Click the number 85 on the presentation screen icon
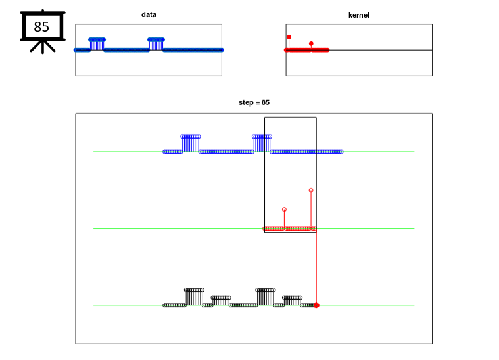point(41,27)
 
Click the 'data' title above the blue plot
point(149,14)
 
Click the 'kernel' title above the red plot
point(359,15)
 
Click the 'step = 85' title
point(254,102)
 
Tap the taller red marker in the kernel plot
point(289,37)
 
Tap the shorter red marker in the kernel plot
point(311,43)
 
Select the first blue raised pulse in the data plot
point(97,44)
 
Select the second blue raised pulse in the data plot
point(156,44)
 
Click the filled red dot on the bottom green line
point(316,305)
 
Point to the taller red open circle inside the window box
point(311,190)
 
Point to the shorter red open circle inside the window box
point(284,210)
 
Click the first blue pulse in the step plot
point(191,143)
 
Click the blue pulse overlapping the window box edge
point(262,143)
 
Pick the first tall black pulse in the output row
point(194,297)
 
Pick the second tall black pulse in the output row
point(266,297)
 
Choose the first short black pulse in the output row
point(221,300)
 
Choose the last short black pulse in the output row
point(292,300)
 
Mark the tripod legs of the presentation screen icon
point(43,47)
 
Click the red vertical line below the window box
point(316,269)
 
